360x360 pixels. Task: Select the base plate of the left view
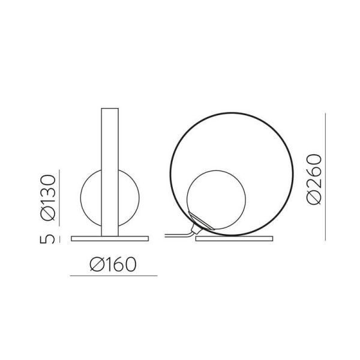[x=109, y=238]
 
